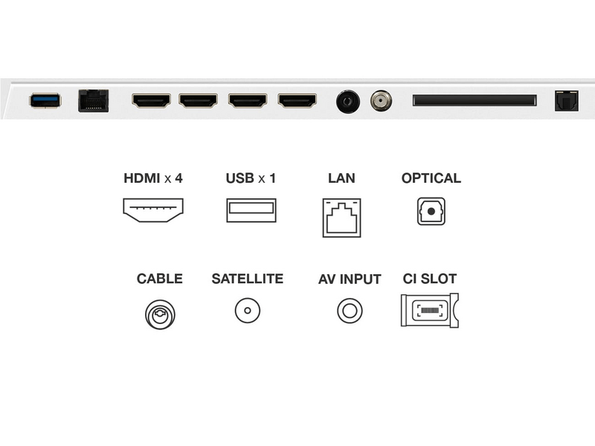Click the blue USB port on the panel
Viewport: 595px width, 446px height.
(45, 100)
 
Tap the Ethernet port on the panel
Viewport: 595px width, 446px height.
(93, 100)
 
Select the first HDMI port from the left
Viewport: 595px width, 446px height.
(151, 100)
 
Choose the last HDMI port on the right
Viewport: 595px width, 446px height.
(297, 100)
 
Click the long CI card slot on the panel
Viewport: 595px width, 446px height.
(474, 100)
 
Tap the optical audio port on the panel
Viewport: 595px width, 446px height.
(566, 100)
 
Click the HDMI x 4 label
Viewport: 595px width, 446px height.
(152, 178)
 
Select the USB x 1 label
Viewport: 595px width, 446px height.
(251, 178)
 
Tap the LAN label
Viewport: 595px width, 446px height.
(341, 178)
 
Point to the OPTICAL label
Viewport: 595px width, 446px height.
(431, 178)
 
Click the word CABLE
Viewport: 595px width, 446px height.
(159, 279)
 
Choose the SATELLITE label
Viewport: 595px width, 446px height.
(247, 279)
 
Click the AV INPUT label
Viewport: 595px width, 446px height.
(350, 279)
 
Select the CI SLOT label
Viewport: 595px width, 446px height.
(429, 279)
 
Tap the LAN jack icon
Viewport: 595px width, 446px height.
(341, 217)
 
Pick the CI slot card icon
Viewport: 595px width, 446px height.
(429, 311)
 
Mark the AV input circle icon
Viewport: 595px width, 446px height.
(350, 310)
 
